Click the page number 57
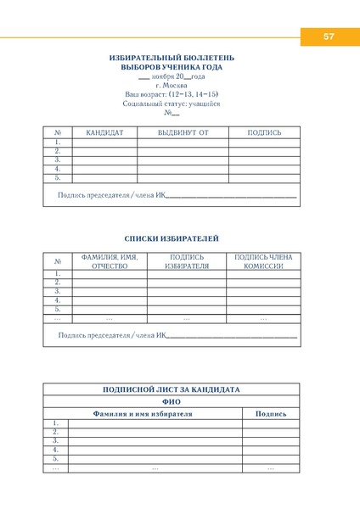pyautogui.click(x=329, y=36)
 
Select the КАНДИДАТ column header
pyautogui.click(x=104, y=132)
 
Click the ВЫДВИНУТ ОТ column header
pyautogui.click(x=183, y=132)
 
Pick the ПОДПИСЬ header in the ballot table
pyautogui.click(x=264, y=132)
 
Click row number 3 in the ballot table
pyautogui.click(x=58, y=159)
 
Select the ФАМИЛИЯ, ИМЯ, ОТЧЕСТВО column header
pyautogui.click(x=110, y=261)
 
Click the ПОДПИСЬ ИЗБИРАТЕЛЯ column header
pyautogui.click(x=187, y=261)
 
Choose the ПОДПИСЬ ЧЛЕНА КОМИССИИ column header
pyautogui.click(x=262, y=261)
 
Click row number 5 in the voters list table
pyautogui.click(x=58, y=309)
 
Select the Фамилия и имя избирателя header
pyautogui.click(x=143, y=413)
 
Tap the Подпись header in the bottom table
pyautogui.click(x=270, y=413)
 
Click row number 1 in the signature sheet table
pyautogui.click(x=56, y=422)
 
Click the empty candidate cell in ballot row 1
pyautogui.click(x=104, y=143)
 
